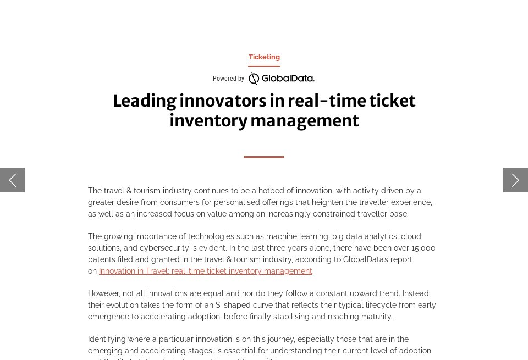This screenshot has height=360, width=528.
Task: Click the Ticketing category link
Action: click(x=264, y=57)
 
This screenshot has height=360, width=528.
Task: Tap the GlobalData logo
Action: click(x=281, y=79)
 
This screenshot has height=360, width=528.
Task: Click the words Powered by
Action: click(x=228, y=79)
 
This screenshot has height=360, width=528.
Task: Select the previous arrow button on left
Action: click(x=12, y=180)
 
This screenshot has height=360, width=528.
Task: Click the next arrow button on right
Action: click(x=515, y=180)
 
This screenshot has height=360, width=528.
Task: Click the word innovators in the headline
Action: click(x=222, y=101)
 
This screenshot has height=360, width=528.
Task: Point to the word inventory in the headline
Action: click(x=208, y=121)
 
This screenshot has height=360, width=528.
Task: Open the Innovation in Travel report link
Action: click(x=206, y=271)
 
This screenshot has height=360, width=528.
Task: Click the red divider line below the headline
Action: click(x=264, y=157)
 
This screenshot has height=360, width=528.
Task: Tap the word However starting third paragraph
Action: click(x=105, y=293)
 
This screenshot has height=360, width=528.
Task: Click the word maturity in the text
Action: click(x=377, y=317)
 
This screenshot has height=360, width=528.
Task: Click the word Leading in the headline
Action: click(x=144, y=101)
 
